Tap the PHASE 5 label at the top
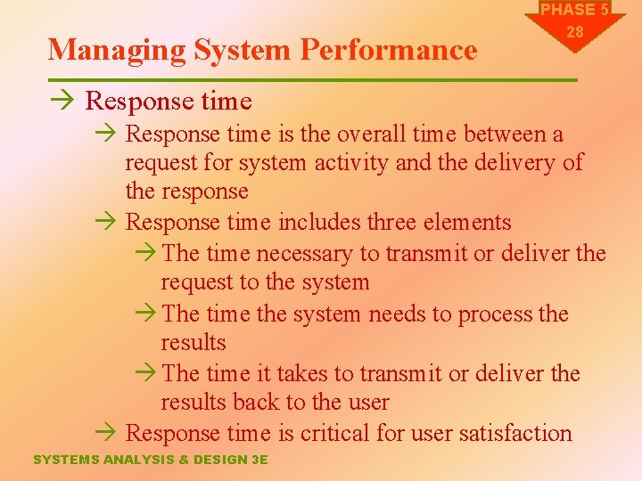[574, 10]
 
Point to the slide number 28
[575, 32]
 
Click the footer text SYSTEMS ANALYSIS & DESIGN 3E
[150, 460]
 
